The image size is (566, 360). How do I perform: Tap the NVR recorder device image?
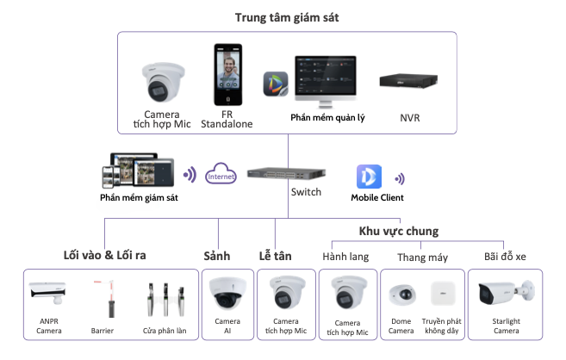pos(410,82)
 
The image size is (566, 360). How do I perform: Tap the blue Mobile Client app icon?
pos(369,176)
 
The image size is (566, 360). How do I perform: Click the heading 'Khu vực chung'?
pos(399,231)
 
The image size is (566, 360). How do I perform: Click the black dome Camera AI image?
pos(227,294)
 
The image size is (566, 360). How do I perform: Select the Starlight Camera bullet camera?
pos(504,292)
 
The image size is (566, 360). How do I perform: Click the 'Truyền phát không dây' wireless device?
pos(443,292)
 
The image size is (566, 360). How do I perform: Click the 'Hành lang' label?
pos(345,256)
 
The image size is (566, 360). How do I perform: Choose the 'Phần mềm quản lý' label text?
pos(327,118)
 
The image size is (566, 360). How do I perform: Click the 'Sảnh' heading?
pos(218,256)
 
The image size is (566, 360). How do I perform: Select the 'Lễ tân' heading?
pos(277,256)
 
